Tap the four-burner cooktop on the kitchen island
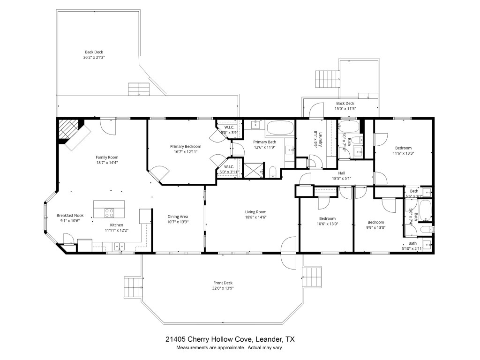tap(109, 213)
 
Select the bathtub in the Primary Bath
tap(279, 127)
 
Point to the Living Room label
tap(255, 211)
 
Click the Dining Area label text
tap(178, 217)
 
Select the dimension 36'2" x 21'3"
tap(94, 58)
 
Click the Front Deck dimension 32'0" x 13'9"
tap(223, 288)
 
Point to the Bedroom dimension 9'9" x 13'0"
tap(375, 228)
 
